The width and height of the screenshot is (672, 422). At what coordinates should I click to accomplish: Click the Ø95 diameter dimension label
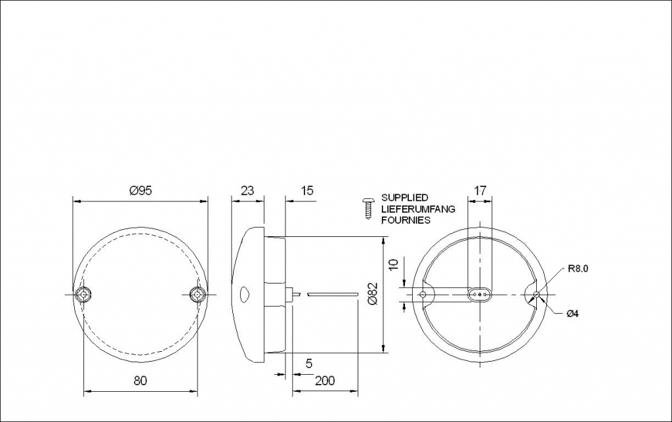[x=140, y=190]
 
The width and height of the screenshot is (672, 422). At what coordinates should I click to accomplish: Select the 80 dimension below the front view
[x=140, y=381]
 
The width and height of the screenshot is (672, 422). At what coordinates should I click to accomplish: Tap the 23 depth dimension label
[x=247, y=190]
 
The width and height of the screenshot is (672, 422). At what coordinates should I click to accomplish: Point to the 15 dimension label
[x=307, y=190]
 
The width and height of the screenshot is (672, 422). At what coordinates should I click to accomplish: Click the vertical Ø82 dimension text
[x=373, y=293]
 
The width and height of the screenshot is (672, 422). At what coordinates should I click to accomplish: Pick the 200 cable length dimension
[x=325, y=381]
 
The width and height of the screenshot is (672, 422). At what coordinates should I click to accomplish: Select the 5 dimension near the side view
[x=309, y=364]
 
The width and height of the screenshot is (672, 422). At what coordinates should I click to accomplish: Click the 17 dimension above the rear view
[x=480, y=190]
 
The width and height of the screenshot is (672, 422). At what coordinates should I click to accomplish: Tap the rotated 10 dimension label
[x=394, y=263]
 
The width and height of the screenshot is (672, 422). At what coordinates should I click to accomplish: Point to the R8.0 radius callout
[x=578, y=269]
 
